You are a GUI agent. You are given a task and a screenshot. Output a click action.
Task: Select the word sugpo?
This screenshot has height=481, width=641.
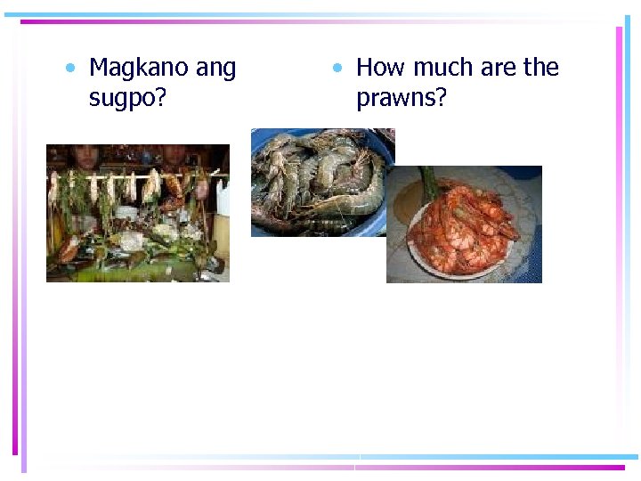click(127, 98)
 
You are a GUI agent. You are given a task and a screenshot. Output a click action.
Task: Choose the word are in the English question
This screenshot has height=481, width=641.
click(499, 68)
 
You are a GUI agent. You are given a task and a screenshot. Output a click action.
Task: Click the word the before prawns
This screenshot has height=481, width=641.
click(541, 68)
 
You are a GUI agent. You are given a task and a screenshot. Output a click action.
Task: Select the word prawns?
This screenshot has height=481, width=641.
click(401, 98)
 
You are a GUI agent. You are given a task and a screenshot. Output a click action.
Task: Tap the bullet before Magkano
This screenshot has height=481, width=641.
click(69, 69)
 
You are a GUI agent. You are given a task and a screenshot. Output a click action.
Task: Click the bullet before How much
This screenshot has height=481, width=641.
click(337, 69)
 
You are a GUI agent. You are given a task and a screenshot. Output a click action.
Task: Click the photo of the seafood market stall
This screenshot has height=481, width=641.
click(138, 214)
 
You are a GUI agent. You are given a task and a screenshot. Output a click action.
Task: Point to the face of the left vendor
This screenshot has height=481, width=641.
click(85, 155)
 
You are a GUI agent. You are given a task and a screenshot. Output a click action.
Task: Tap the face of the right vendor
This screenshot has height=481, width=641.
click(174, 155)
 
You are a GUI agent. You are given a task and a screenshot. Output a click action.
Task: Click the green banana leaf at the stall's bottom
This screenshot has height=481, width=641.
click(134, 272)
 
